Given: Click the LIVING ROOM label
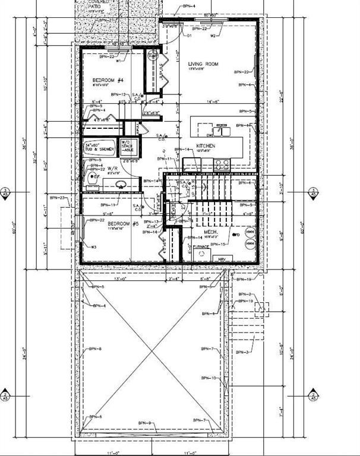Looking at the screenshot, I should click(204, 64).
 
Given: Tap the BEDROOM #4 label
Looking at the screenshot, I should click(107, 80).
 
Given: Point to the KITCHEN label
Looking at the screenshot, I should click(206, 145).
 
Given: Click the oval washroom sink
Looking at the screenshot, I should click(121, 185).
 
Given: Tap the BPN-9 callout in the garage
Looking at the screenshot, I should click(145, 422).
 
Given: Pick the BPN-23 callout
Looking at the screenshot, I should click(57, 198).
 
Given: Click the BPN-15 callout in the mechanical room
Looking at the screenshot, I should click(219, 245).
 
